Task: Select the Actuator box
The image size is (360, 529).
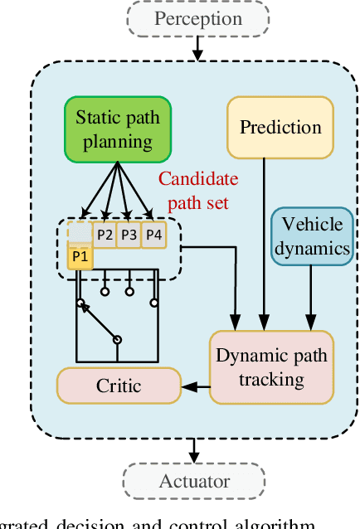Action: [x=194, y=481]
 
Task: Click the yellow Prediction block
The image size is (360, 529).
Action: [x=280, y=128]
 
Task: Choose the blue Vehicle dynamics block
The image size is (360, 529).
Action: [x=311, y=235]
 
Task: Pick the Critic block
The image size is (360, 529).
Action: [x=119, y=386]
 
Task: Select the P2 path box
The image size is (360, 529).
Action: [x=104, y=235]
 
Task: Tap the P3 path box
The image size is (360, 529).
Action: [x=129, y=235]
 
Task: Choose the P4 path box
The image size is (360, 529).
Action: [x=153, y=235]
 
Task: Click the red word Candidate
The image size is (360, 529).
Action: [x=197, y=179]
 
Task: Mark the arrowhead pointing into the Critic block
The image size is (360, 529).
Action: [x=190, y=386]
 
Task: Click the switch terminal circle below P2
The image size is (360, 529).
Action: [x=105, y=292]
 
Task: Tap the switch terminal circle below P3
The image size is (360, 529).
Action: [x=129, y=292]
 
